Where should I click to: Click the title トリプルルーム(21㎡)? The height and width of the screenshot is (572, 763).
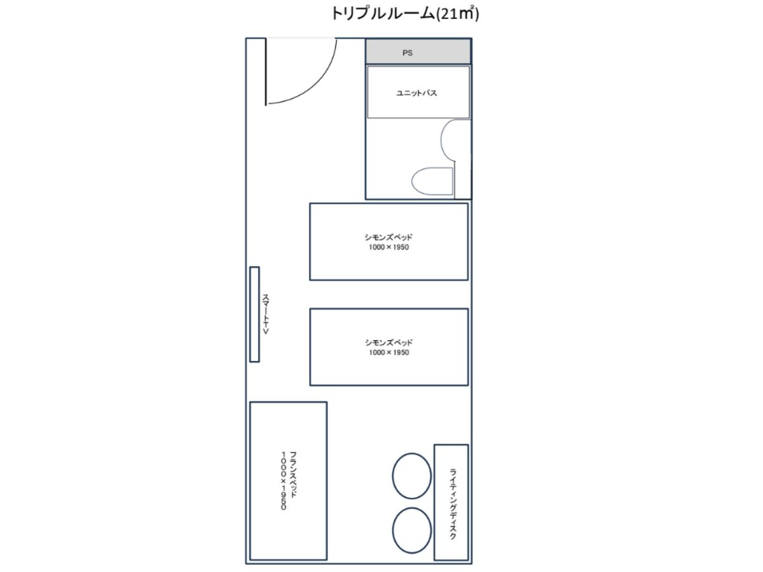click(x=405, y=14)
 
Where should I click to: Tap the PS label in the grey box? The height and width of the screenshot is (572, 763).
click(x=408, y=53)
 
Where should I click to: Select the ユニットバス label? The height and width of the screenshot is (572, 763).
click(x=416, y=93)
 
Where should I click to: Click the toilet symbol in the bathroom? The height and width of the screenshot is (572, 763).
click(x=432, y=181)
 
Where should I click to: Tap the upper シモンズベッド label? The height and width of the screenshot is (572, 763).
click(x=388, y=237)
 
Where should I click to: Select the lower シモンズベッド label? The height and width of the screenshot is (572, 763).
click(x=388, y=343)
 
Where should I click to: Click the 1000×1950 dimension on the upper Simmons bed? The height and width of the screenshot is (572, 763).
click(x=388, y=247)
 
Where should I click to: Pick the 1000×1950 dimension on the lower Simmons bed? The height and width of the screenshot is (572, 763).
click(x=388, y=353)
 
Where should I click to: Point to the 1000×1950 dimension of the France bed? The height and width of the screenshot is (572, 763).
click(x=284, y=480)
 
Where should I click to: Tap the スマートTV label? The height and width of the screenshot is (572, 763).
click(x=266, y=315)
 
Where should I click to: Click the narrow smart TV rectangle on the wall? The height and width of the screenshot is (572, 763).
click(x=254, y=315)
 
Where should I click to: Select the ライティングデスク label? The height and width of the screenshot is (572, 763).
click(x=453, y=504)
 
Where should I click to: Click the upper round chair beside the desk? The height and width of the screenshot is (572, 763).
click(x=412, y=476)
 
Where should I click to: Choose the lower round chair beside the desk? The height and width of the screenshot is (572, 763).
click(x=412, y=530)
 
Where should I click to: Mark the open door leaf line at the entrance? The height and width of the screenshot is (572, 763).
click(x=266, y=72)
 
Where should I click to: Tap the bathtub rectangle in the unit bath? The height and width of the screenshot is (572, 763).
click(x=418, y=92)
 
